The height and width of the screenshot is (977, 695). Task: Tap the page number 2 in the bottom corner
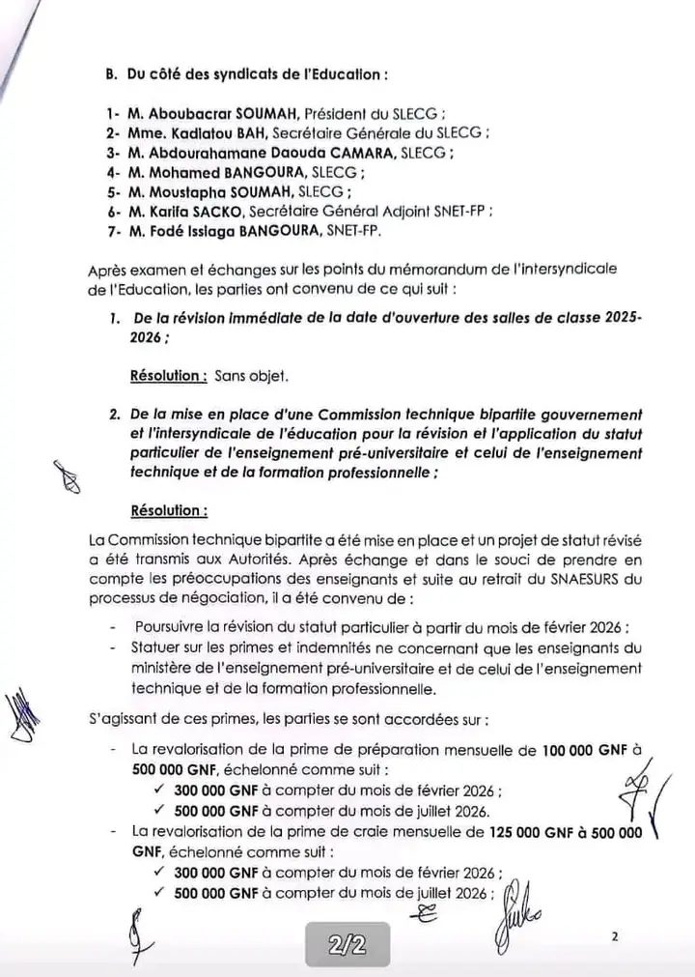tap(613, 936)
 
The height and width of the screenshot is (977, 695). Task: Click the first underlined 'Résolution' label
tap(167, 375)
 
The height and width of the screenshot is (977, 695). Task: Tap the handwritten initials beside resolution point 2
tap(68, 477)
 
